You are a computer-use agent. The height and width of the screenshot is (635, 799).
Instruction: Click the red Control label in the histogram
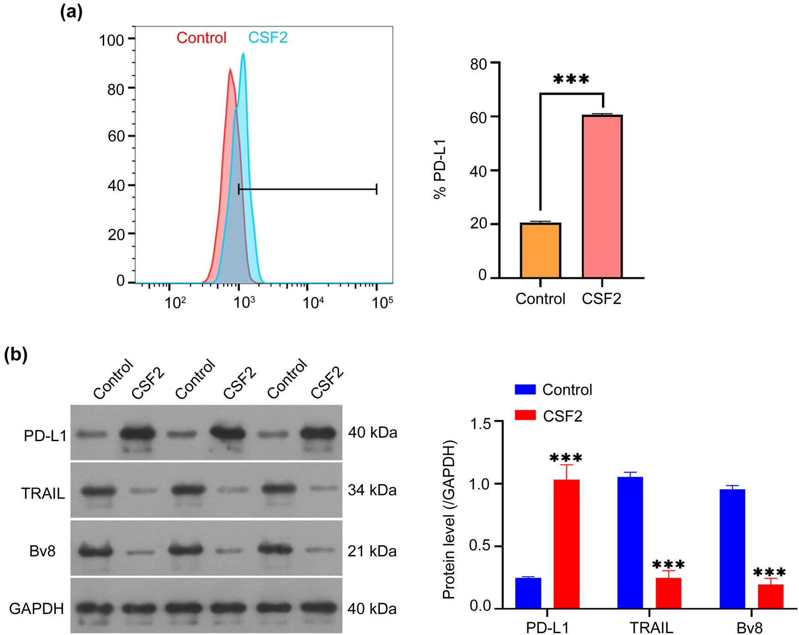[201, 37]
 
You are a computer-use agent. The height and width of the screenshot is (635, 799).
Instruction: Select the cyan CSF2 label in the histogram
[268, 37]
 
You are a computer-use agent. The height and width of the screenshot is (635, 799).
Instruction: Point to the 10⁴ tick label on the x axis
[313, 302]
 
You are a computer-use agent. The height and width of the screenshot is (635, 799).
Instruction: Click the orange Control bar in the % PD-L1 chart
[540, 250]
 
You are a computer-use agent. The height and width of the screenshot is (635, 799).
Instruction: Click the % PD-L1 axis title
[440, 169]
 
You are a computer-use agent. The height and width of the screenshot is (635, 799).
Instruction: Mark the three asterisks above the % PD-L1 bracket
[571, 79]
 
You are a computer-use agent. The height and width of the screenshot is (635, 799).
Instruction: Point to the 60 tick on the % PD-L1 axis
[478, 117]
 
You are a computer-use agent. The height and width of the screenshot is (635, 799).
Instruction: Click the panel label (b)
[16, 354]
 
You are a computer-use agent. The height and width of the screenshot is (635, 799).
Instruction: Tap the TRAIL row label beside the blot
[43, 493]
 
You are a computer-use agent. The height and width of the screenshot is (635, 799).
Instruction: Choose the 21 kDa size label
[372, 551]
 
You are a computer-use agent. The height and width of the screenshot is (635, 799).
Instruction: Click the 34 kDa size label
[372, 490]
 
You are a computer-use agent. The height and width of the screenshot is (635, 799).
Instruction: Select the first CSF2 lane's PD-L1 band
[137, 433]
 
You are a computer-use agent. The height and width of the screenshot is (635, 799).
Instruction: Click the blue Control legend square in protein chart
[525, 389]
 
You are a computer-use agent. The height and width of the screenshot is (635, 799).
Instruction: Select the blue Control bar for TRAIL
[630, 542]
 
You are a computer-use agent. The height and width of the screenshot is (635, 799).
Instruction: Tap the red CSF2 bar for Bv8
[770, 596]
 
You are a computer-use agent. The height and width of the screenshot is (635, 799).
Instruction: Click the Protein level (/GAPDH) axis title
[449, 520]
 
